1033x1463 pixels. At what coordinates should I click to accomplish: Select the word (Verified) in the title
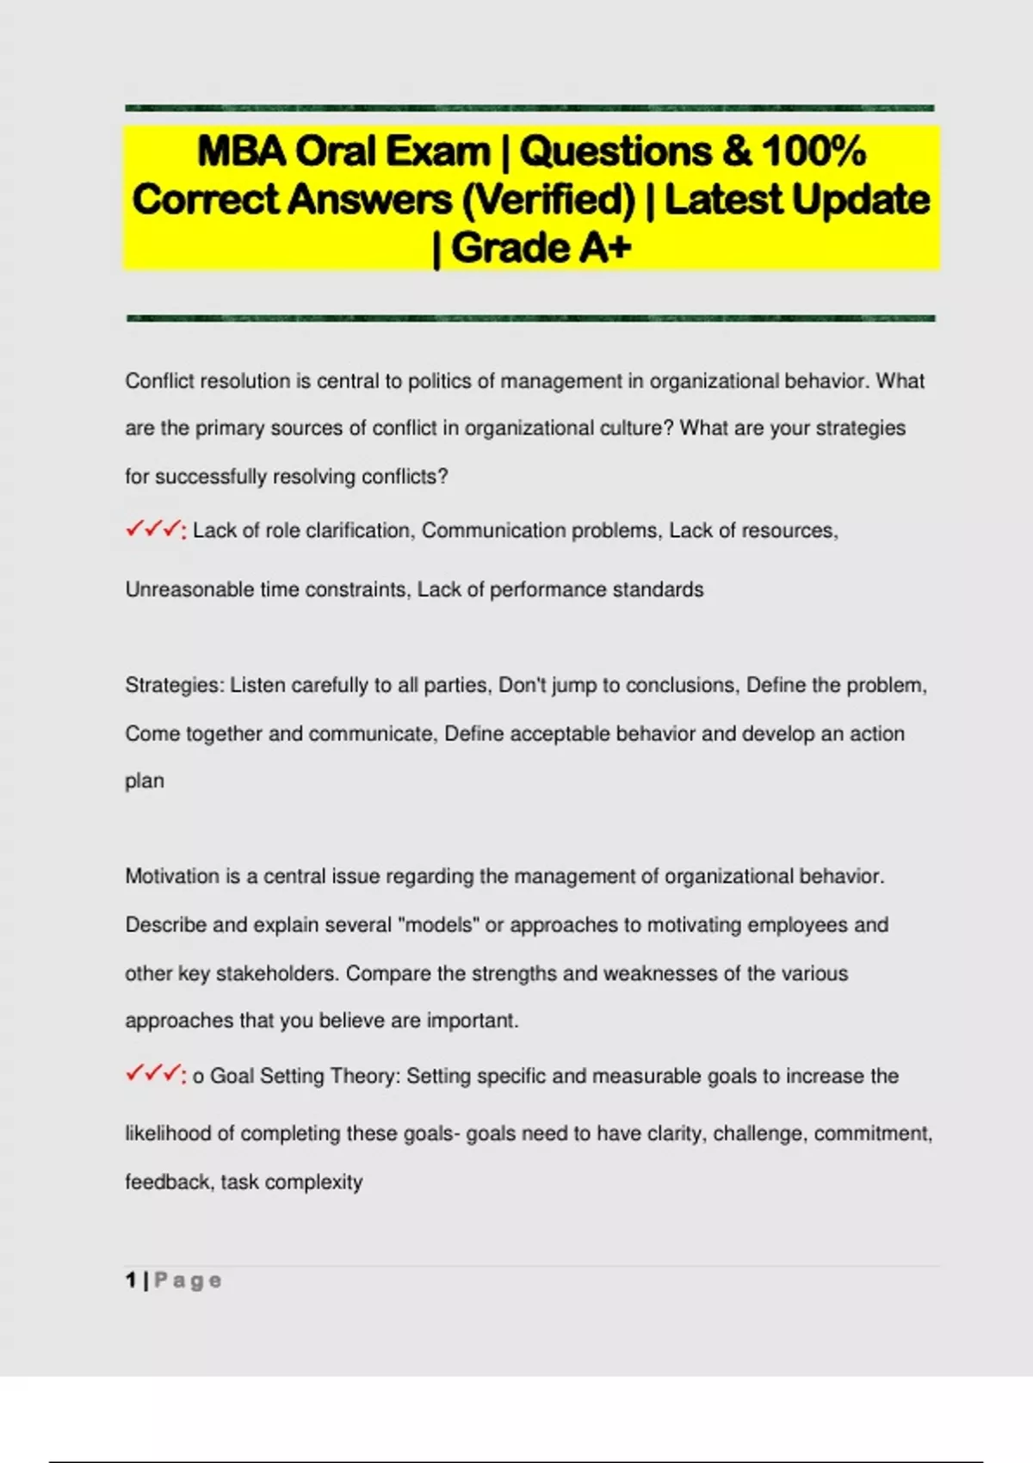coord(548,201)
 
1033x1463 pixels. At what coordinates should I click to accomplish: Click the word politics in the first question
coord(439,381)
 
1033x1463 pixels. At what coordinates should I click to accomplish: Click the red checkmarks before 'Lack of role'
coord(155,529)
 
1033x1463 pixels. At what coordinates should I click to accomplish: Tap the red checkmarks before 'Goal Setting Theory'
coord(155,1074)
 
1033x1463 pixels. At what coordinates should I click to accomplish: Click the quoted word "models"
coord(439,925)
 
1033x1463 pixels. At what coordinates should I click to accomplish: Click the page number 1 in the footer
coord(131,1281)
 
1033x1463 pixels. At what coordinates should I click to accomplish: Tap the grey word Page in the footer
coord(188,1281)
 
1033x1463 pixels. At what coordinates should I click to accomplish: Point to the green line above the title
coord(529,108)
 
